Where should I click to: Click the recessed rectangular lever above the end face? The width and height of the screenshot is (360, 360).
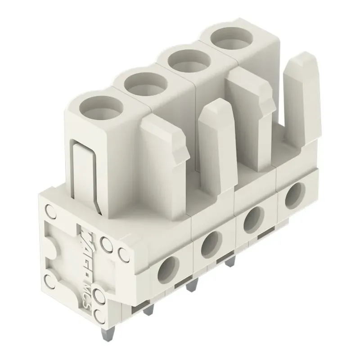click(x=85, y=173)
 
